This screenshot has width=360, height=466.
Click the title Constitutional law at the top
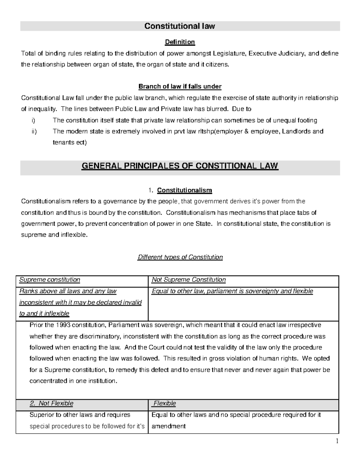tap(180, 26)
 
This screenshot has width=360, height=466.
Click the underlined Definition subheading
tap(180, 42)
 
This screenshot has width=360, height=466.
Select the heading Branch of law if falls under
tap(180, 87)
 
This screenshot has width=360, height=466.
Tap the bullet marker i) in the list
tap(33, 121)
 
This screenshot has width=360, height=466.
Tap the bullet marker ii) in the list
tap(34, 131)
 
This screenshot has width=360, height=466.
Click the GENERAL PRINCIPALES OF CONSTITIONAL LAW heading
tap(180, 166)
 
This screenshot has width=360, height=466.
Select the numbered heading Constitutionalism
tap(184, 190)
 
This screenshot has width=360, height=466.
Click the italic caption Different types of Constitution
tap(180, 257)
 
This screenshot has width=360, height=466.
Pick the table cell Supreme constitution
tap(50, 280)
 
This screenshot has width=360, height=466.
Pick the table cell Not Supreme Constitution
tap(189, 280)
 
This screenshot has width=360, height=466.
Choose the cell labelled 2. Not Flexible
tap(52, 403)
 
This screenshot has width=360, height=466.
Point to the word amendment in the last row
tap(169, 426)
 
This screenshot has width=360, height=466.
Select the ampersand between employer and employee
tap(246, 131)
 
